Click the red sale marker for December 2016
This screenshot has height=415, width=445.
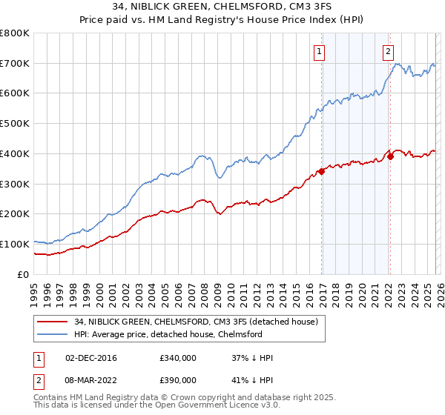point(321,172)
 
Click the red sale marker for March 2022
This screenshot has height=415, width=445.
point(390,157)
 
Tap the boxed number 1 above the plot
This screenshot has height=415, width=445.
point(319,51)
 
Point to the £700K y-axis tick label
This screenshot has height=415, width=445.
point(15,64)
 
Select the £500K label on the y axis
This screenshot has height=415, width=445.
point(15,124)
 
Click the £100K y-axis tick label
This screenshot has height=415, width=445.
point(15,244)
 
